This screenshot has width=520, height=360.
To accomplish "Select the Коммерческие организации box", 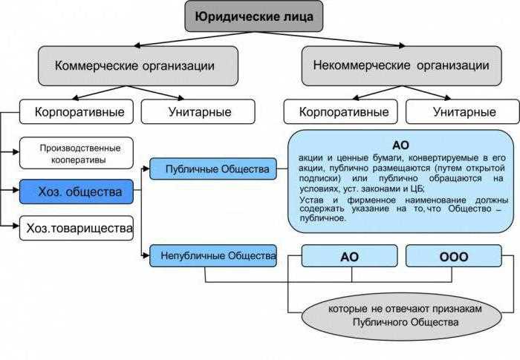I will pyautogui.click(x=138, y=65).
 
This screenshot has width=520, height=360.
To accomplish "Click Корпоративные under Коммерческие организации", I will pyautogui.click(x=77, y=112).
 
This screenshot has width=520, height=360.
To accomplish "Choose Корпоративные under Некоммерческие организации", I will pyautogui.click(x=343, y=112).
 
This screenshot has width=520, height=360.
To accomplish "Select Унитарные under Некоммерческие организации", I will pyautogui.click(x=462, y=112).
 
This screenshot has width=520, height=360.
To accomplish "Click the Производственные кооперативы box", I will pyautogui.click(x=77, y=153).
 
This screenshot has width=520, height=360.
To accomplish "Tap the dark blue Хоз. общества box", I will pyautogui.click(x=77, y=192).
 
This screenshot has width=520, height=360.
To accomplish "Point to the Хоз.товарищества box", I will pyautogui.click(x=77, y=228).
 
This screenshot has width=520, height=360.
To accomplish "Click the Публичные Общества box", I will pyautogui.click(x=213, y=169).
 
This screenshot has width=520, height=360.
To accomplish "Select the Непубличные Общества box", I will pyautogui.click(x=213, y=256).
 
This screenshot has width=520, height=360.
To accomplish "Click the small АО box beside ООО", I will pyautogui.click(x=349, y=257).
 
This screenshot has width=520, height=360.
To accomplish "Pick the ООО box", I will pyautogui.click(x=454, y=257).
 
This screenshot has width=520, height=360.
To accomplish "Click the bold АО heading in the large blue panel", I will pyautogui.click(x=400, y=145).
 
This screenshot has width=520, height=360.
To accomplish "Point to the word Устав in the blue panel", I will pyautogui.click(x=313, y=200).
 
